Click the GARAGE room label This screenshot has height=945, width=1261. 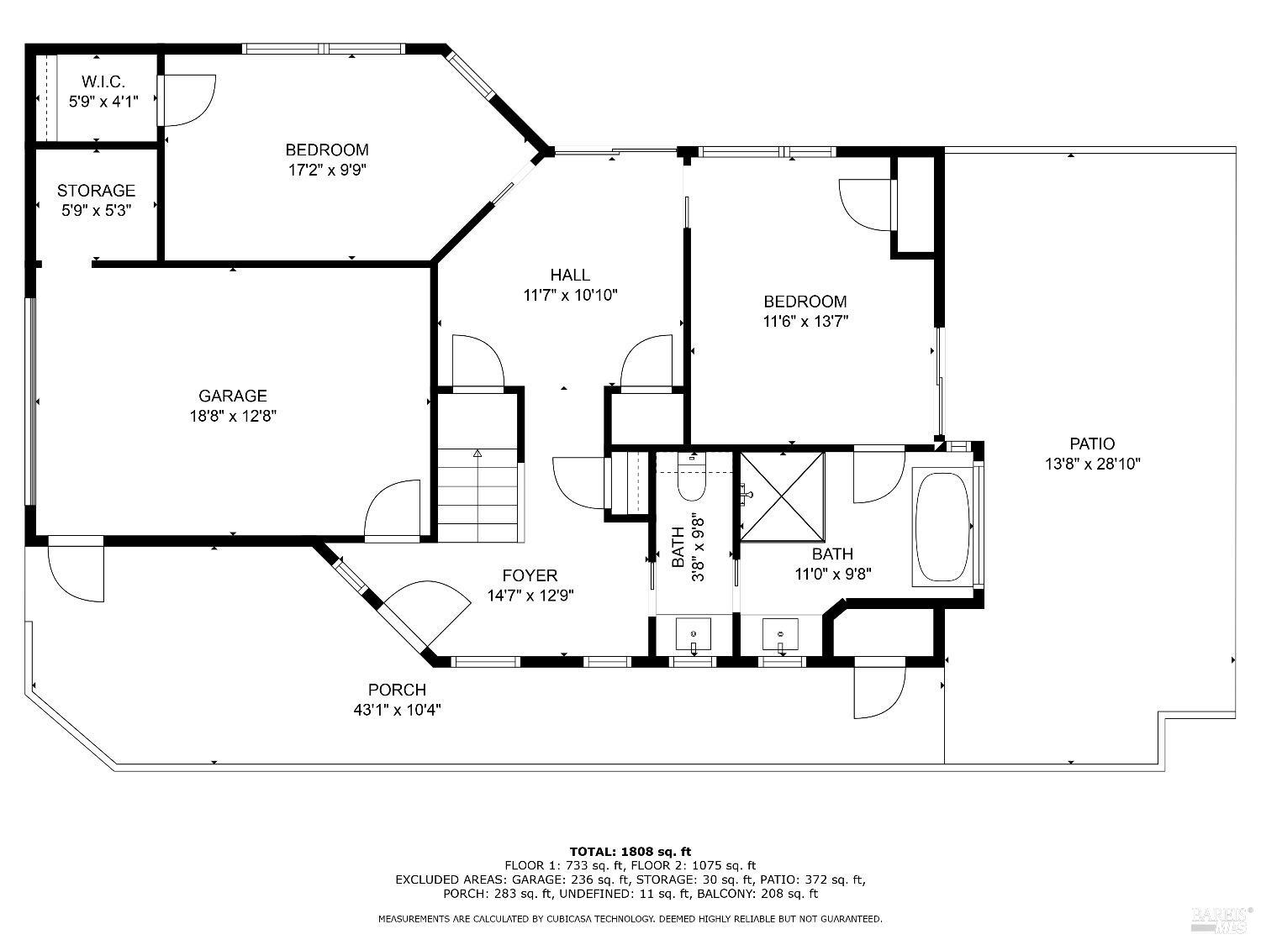pos(233,396)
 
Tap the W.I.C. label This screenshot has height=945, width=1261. pos(103,81)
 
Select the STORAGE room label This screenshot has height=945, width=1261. pos(96,191)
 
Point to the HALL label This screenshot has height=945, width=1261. pos(570,275)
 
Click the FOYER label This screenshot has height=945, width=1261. pos(530,575)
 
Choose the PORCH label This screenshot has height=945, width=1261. pos(397,690)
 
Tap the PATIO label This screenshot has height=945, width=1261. pos(1092,444)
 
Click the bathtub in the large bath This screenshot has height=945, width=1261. pos(942,528)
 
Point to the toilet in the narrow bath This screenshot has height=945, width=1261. pos(692,478)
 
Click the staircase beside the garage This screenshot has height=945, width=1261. pos(478,495)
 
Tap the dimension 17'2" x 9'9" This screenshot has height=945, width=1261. pos(328,171)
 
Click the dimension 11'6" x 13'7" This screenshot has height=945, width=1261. pos(805,322)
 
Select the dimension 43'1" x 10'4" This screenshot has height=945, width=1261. pos(397,711)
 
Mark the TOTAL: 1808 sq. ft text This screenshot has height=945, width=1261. pos(630,852)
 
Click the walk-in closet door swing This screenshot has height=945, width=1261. pos(187,100)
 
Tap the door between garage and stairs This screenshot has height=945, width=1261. pos(392,509)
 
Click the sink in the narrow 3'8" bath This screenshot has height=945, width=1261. pos(694,635)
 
